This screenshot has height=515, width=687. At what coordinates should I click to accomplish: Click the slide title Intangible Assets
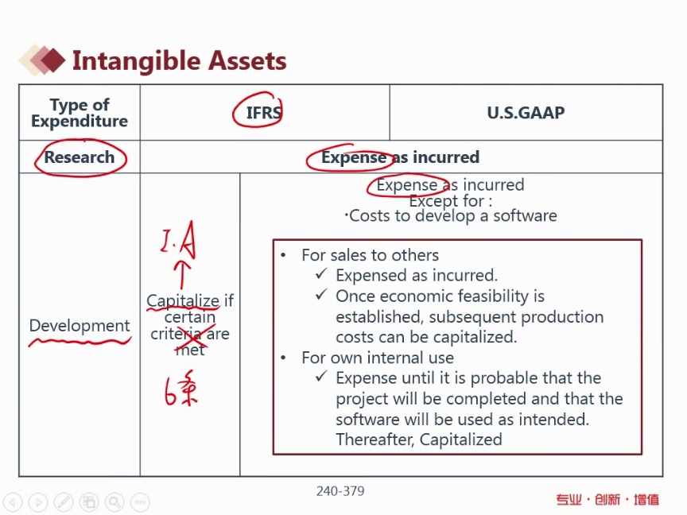(179, 60)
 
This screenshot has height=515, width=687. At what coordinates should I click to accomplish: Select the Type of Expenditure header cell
(80, 113)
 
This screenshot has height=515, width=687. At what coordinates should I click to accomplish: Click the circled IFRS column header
(263, 113)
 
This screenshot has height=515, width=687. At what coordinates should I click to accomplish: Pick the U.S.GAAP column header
(526, 113)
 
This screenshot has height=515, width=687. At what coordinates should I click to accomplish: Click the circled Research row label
(80, 157)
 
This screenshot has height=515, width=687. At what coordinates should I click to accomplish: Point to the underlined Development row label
(80, 326)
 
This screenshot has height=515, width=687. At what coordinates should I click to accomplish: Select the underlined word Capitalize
(183, 300)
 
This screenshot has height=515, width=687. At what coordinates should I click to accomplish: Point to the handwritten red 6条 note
(180, 389)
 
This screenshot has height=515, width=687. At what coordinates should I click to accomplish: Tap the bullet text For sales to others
(371, 255)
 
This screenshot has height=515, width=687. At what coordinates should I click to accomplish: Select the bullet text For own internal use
(378, 358)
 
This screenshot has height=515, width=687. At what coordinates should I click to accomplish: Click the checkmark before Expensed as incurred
(321, 274)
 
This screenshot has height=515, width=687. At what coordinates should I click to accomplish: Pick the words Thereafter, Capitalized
(419, 439)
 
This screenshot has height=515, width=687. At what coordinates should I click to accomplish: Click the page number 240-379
(340, 491)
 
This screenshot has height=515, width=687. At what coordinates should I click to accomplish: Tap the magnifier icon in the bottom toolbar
(114, 501)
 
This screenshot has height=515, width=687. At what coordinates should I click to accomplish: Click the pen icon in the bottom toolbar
(64, 501)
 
